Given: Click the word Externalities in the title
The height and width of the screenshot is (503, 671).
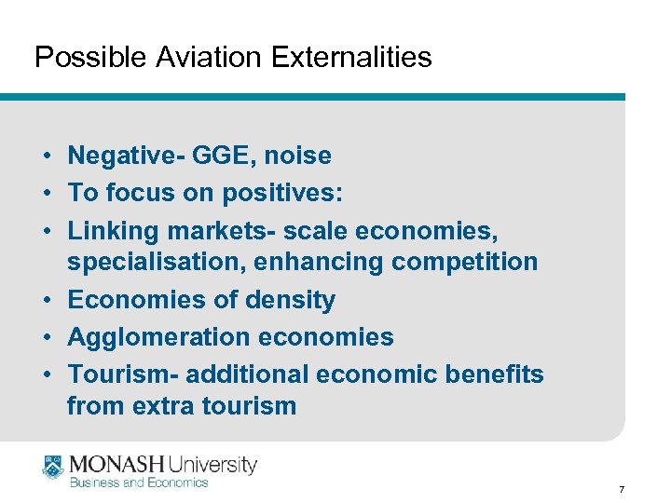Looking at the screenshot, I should pyautogui.click(x=351, y=58).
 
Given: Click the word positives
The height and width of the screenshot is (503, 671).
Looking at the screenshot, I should pyautogui.click(x=281, y=192).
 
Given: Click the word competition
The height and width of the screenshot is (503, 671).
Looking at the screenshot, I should pyautogui.click(x=465, y=263).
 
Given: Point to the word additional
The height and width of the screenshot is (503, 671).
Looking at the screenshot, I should pyautogui.click(x=248, y=374).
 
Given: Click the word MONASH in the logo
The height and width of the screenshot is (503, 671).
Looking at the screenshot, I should pyautogui.click(x=116, y=463).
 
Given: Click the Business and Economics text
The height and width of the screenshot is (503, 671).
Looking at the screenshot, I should pyautogui.click(x=139, y=483).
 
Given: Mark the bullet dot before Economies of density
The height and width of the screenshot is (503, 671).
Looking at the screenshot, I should pyautogui.click(x=46, y=300).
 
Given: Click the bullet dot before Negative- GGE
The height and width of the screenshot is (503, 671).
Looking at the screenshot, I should pyautogui.click(x=46, y=156).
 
